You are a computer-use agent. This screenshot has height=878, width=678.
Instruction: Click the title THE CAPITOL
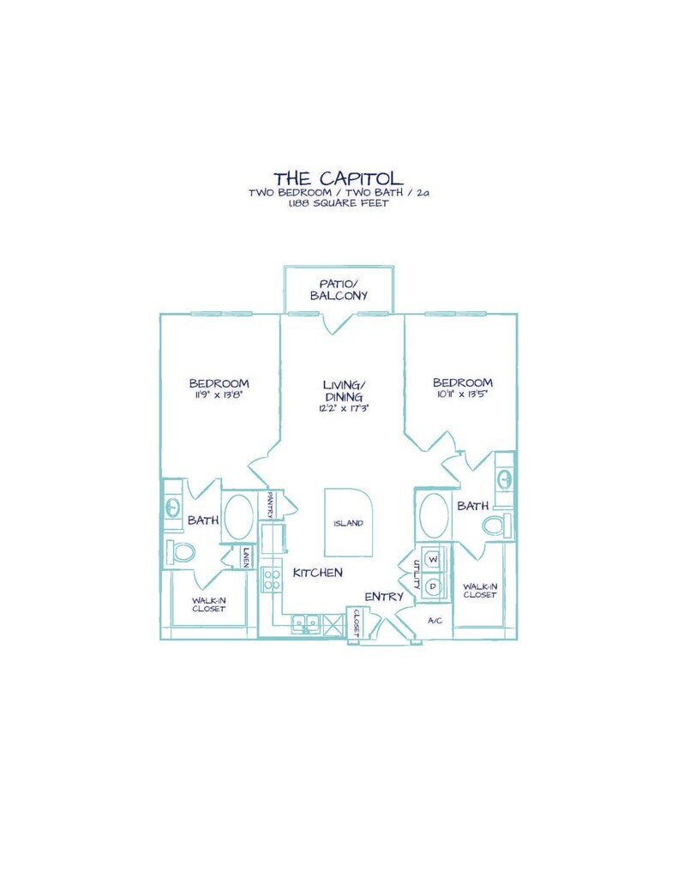pos(339,178)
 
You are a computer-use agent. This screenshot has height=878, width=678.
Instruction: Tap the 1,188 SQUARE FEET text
pos(339,204)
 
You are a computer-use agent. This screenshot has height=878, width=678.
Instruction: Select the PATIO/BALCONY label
pos(339,290)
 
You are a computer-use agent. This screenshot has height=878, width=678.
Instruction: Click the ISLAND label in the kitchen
pos(348,524)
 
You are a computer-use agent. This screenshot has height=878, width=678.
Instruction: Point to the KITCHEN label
pos(317,572)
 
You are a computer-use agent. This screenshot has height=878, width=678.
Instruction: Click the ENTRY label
pos(384,597)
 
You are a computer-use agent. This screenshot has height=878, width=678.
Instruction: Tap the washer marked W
pos(434,559)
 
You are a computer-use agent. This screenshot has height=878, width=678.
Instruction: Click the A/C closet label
pos(435,621)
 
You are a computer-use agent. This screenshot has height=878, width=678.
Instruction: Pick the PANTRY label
pos(269,504)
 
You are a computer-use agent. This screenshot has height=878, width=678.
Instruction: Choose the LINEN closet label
pos(245,556)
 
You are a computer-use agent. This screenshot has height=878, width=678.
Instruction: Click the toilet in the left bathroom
pos(181,553)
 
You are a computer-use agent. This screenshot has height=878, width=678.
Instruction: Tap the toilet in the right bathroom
pos(496,526)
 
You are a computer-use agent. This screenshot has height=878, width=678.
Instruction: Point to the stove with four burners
pos(272,580)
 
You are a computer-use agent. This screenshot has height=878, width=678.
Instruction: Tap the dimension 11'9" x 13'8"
pos(219,394)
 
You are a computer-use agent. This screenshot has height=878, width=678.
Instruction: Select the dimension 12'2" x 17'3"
pos(344,408)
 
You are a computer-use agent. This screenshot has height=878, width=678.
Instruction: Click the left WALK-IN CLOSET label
pos(209,604)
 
